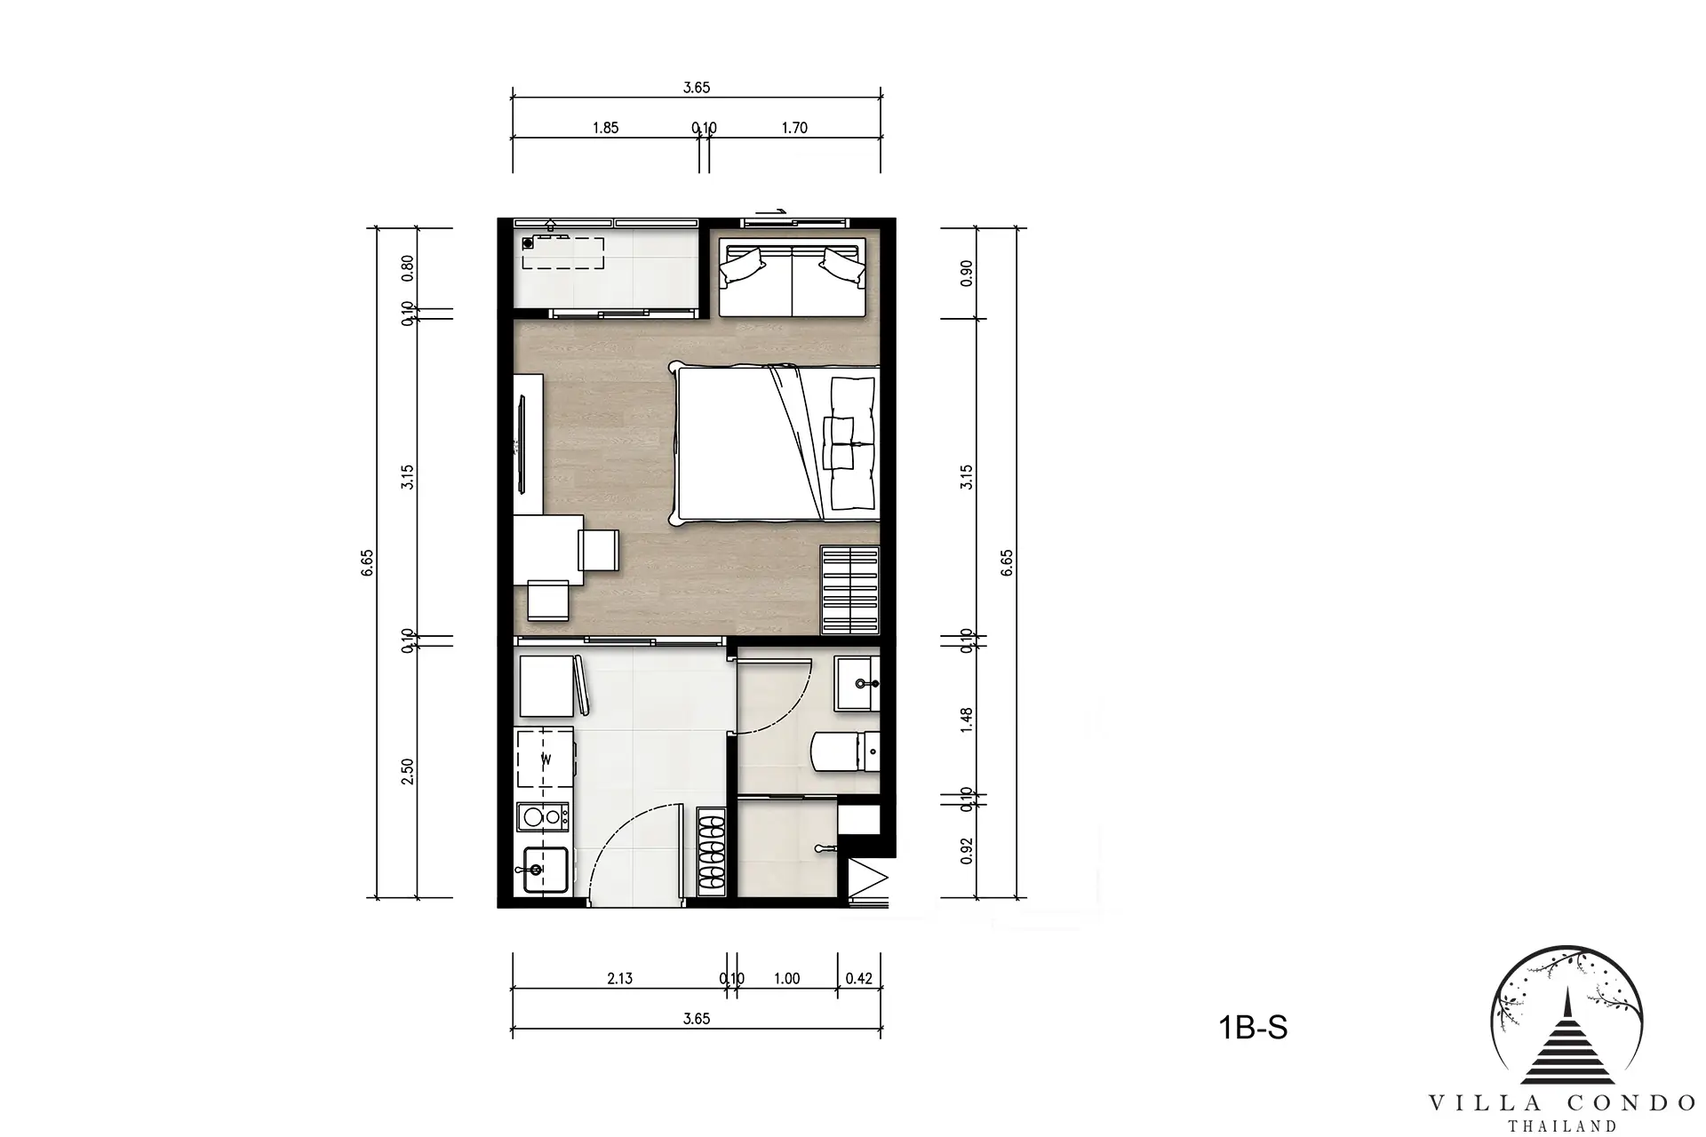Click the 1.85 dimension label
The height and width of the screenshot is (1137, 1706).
click(605, 128)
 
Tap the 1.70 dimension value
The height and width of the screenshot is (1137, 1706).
click(794, 128)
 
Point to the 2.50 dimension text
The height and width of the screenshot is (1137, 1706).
click(407, 771)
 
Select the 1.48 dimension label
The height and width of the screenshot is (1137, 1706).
click(968, 720)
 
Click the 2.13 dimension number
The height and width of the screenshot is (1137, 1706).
click(620, 979)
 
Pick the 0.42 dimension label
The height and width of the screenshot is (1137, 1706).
click(859, 979)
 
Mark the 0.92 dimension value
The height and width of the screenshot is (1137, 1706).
click(968, 850)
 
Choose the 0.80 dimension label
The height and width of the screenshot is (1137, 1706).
click(407, 267)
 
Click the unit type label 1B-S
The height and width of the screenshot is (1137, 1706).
click(1253, 1028)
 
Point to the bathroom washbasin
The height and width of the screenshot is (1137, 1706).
click(857, 683)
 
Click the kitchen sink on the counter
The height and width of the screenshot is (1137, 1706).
click(543, 869)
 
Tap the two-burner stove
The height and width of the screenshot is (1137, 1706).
click(543, 816)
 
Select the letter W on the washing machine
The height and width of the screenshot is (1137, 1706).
click(546, 759)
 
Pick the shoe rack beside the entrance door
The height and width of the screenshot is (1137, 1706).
click(712, 850)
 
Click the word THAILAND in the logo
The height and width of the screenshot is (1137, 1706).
click(1562, 1126)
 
